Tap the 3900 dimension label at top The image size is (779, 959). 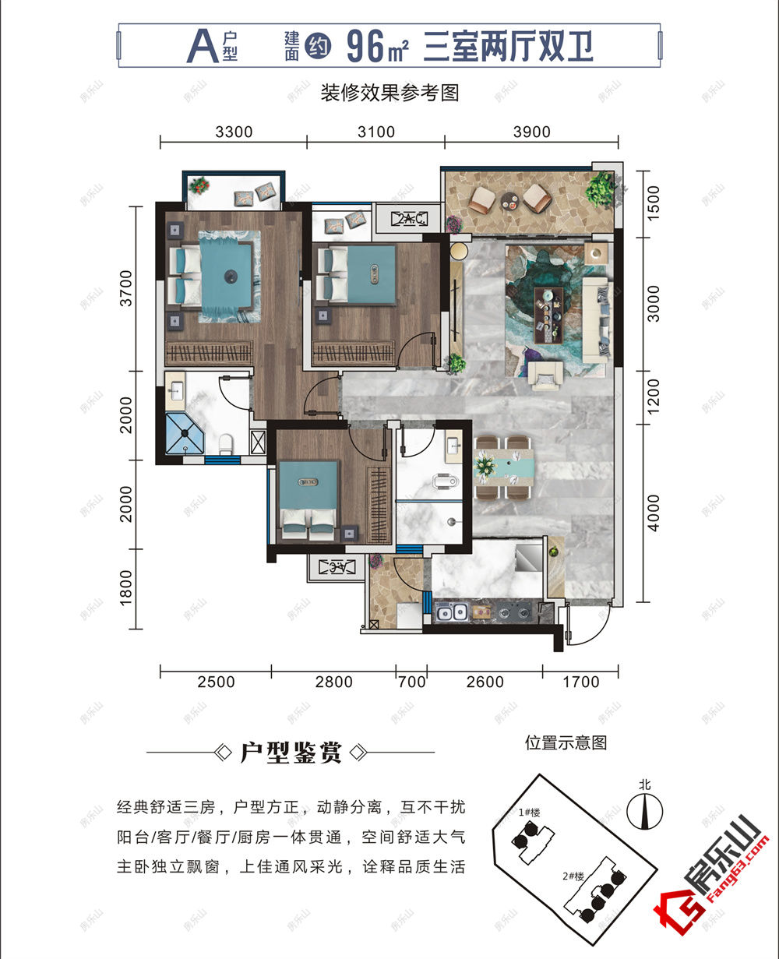[531, 132]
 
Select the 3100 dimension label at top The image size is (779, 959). [375, 132]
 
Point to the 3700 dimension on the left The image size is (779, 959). [126, 288]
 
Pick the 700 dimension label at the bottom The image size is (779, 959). [411, 682]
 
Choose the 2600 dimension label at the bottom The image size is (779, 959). [485, 682]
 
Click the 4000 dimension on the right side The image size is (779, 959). [653, 513]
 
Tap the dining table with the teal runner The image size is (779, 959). [507, 467]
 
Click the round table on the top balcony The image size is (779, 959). [509, 200]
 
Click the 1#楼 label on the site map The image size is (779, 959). [530, 812]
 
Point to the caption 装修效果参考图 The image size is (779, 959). [389, 93]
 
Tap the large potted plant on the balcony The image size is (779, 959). [601, 188]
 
